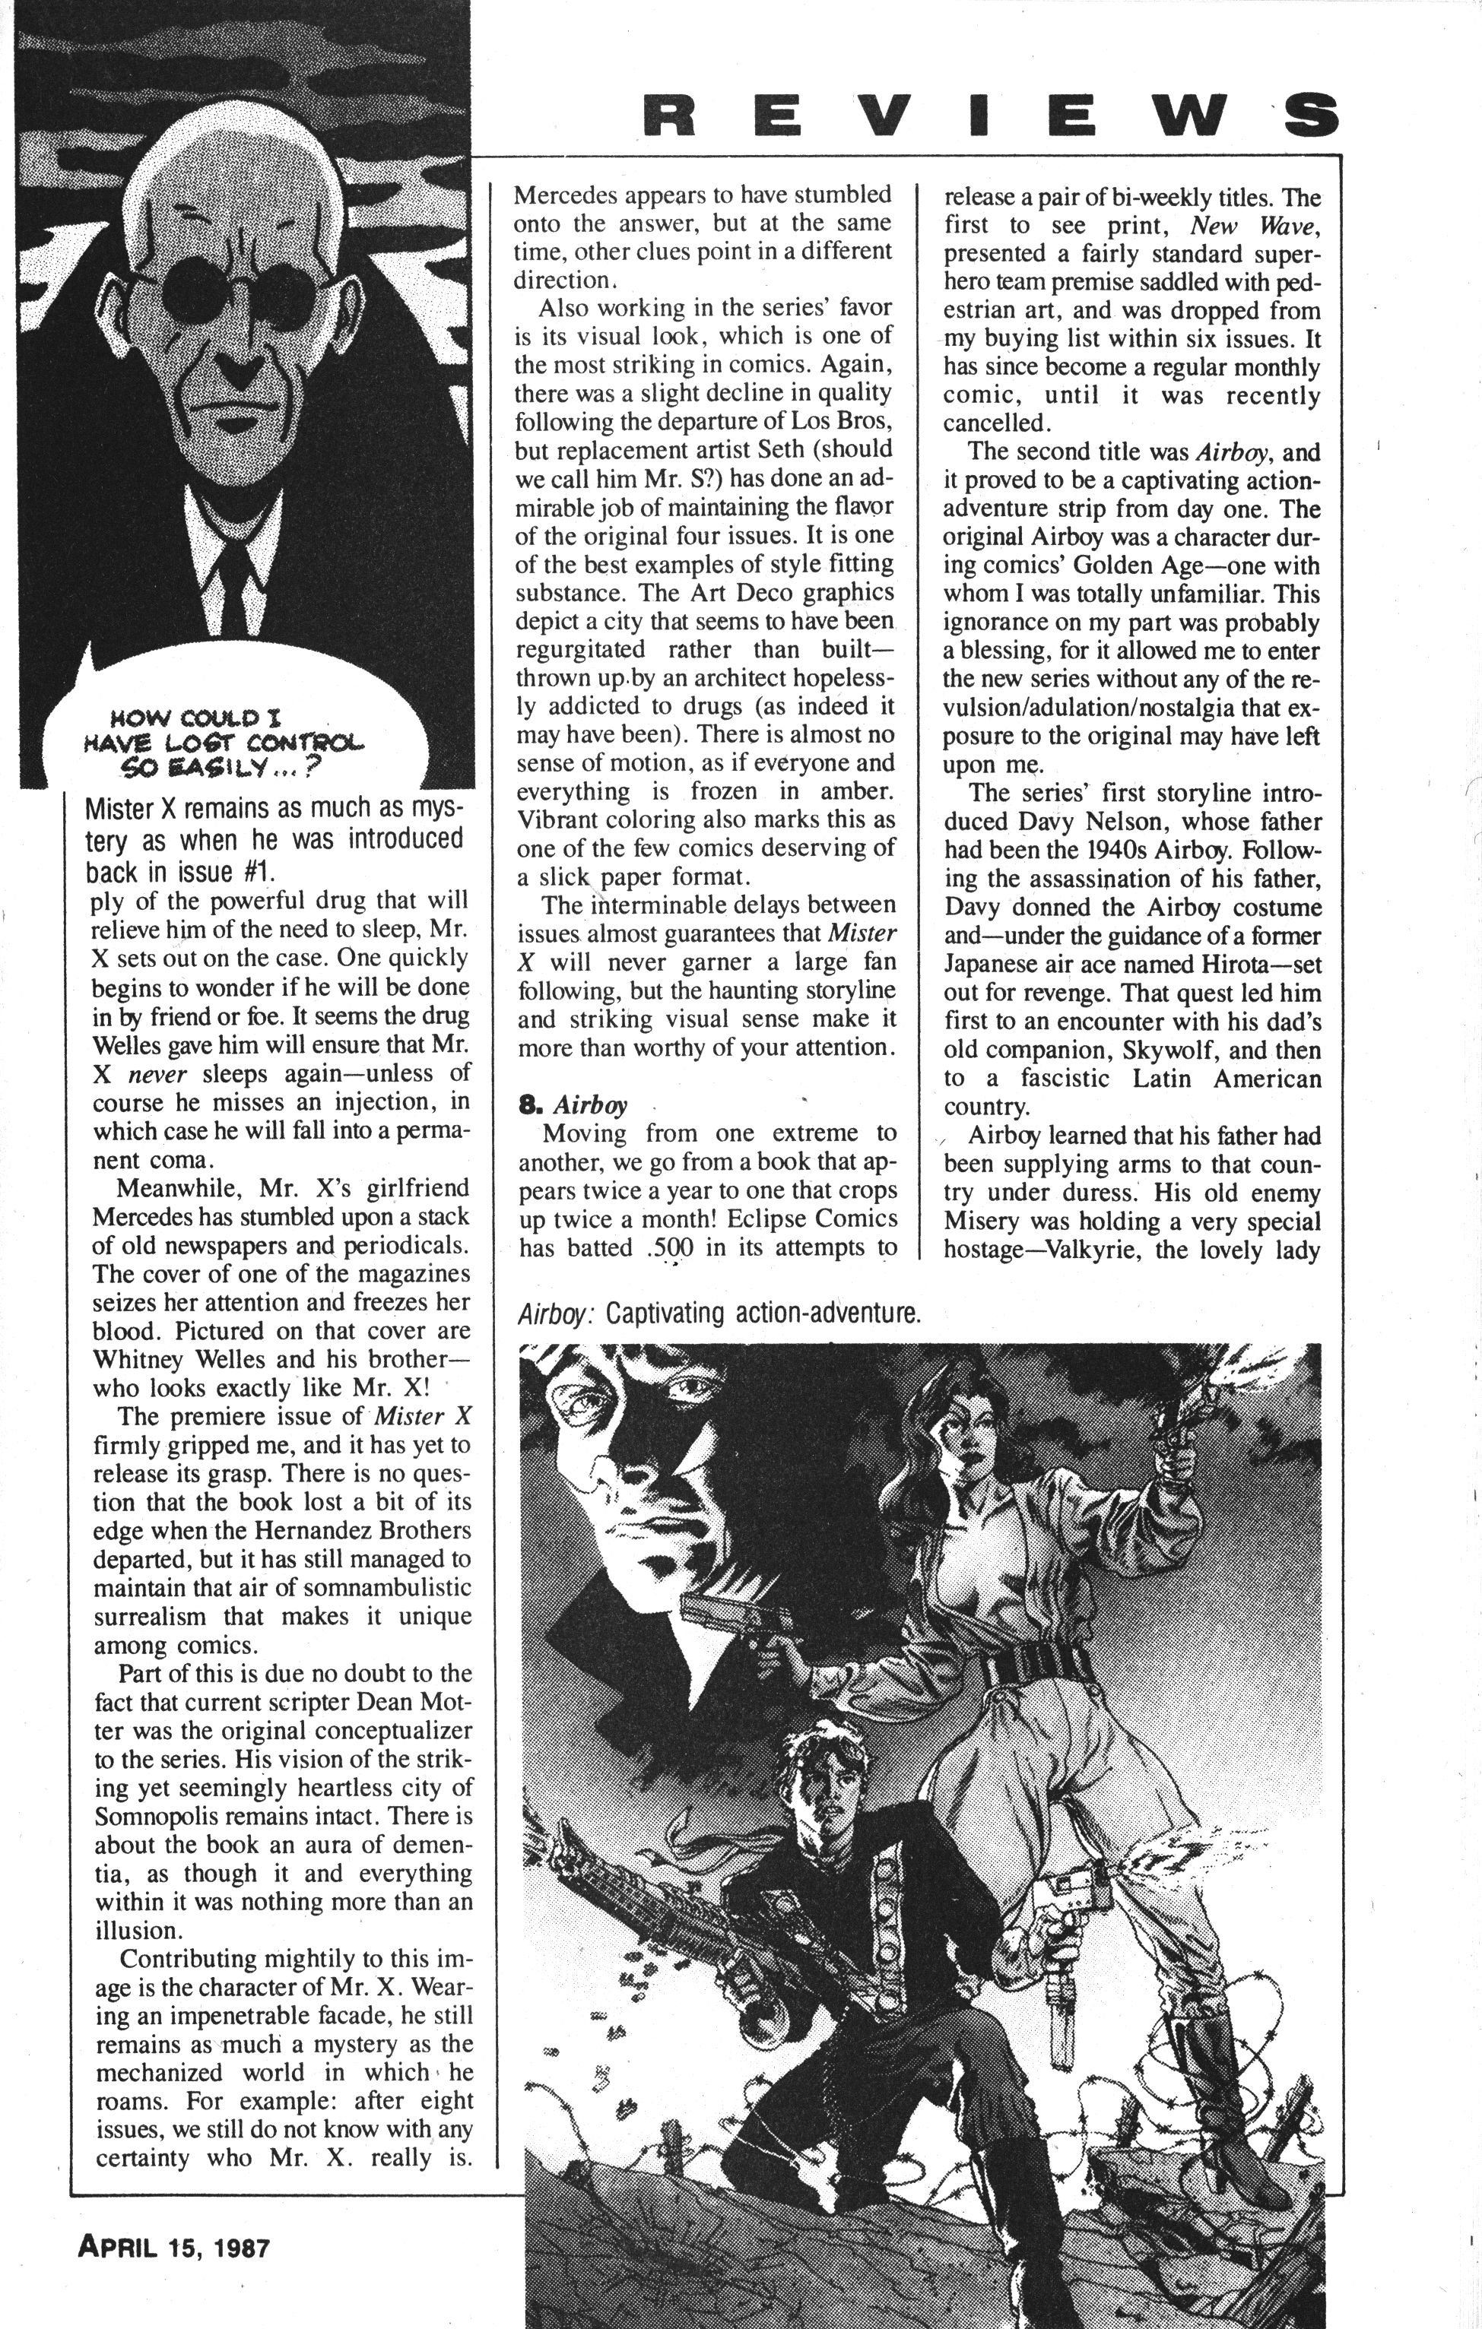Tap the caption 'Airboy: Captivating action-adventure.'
(x=719, y=1313)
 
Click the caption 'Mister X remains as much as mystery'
(x=274, y=838)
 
